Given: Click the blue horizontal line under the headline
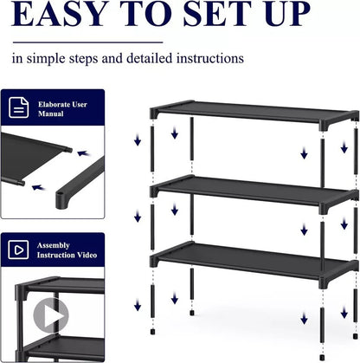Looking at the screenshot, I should [x=87, y=41].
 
